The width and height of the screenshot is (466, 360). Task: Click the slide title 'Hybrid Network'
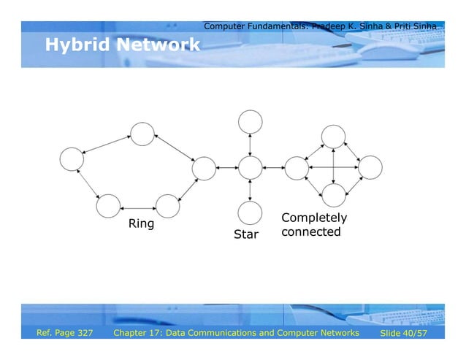122,45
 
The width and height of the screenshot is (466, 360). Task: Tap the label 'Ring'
141,223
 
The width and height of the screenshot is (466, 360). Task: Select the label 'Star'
246,235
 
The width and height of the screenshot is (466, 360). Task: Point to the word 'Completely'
314,218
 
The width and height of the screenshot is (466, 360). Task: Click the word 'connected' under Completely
310,232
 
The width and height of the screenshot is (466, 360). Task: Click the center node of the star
250,168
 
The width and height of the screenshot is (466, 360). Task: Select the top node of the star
250,122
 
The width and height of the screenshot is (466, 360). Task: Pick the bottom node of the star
250,212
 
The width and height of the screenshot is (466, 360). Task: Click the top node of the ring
142,134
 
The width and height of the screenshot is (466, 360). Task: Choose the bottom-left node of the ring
107,207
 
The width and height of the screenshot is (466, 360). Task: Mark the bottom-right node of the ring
168,206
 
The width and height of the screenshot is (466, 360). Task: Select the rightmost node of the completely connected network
370,168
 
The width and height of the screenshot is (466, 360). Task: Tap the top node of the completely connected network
333,135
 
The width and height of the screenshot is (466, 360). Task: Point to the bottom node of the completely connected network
333,195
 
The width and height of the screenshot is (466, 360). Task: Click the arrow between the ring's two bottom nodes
138,207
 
